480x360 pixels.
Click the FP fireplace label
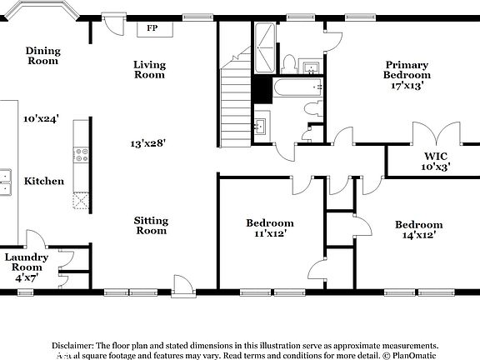coord(152,28)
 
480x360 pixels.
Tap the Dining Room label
coord(42,56)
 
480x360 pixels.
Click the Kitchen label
coord(44,181)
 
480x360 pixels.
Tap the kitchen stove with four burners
coord(82,155)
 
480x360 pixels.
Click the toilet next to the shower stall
coord(289,63)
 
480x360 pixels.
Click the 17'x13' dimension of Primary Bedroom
coord(405,86)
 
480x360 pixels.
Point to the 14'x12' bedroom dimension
coord(417,235)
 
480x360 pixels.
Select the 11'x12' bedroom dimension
coord(269,234)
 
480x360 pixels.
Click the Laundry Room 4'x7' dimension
coord(27,277)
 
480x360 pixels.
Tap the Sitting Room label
coord(151,226)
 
